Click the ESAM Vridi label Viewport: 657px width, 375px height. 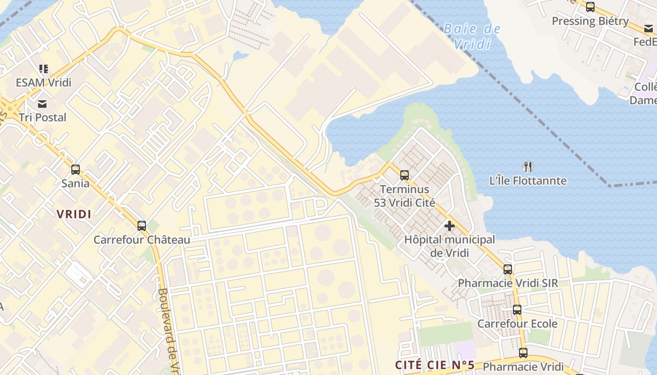(x=44, y=82)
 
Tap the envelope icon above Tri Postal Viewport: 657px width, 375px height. (x=43, y=104)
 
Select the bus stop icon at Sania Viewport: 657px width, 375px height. (x=75, y=170)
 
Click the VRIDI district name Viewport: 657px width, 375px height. (x=74, y=214)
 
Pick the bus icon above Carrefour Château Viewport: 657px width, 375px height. (x=142, y=226)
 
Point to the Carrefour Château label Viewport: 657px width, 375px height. (x=142, y=240)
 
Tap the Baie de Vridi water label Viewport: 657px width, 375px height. (x=472, y=37)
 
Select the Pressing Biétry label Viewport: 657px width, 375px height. (x=590, y=21)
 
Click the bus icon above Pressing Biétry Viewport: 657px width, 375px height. (x=590, y=7)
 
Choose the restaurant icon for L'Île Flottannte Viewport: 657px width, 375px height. (x=528, y=166)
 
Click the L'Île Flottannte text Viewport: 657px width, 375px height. (x=528, y=180)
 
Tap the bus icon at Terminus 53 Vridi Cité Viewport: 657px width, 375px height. (x=405, y=175)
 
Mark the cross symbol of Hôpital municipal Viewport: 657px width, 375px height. (x=450, y=226)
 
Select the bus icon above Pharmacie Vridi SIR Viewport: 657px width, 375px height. (x=508, y=269)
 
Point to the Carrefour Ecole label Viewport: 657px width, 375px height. (x=517, y=324)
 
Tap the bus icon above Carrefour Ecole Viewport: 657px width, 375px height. (x=517, y=310)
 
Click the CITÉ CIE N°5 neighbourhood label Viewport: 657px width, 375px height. (x=435, y=365)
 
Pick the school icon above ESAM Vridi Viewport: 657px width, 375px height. (x=44, y=69)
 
